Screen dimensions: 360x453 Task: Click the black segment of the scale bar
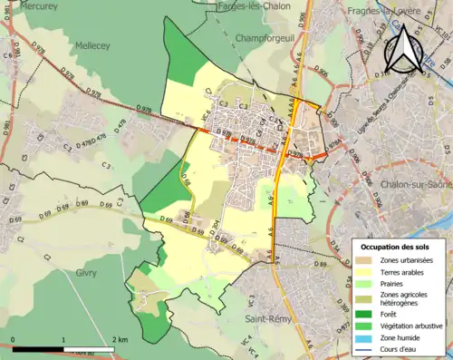click(x=38, y=348)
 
